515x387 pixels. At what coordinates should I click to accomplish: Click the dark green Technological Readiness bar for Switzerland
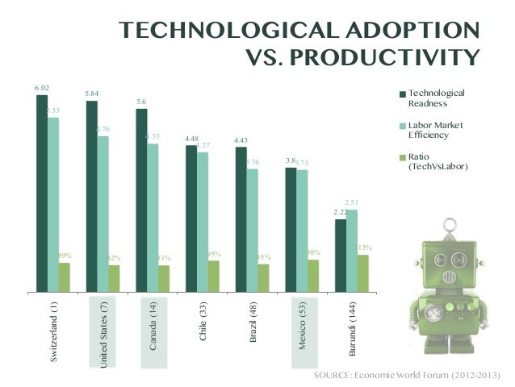pyautogui.click(x=42, y=193)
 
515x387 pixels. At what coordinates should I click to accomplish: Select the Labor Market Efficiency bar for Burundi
pyautogui.click(x=351, y=250)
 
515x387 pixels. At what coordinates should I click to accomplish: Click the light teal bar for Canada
pyautogui.click(x=153, y=218)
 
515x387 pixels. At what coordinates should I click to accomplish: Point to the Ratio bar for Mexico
pyautogui.click(x=313, y=275)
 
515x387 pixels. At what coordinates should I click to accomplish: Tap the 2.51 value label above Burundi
pyautogui.click(x=351, y=202)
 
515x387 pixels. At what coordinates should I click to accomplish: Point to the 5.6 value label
pyautogui.click(x=141, y=102)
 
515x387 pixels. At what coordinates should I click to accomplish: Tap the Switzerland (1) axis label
pyautogui.click(x=53, y=331)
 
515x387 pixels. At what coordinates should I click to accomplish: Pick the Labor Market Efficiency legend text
pyautogui.click(x=436, y=131)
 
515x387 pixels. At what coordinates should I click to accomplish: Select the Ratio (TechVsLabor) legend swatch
pyautogui.click(x=402, y=157)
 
